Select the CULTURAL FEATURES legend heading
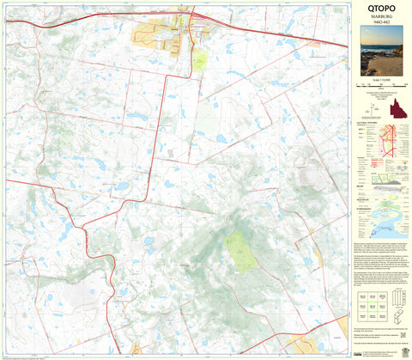(x=367, y=124)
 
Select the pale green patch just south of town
(x=199, y=60)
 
